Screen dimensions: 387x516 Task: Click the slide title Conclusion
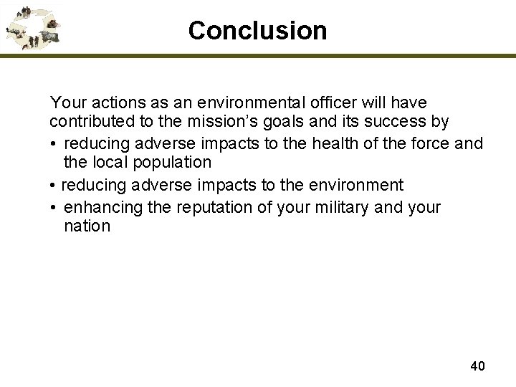tap(257, 30)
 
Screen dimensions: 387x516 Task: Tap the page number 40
tap(477, 366)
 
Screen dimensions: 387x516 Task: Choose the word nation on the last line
tap(87, 226)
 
